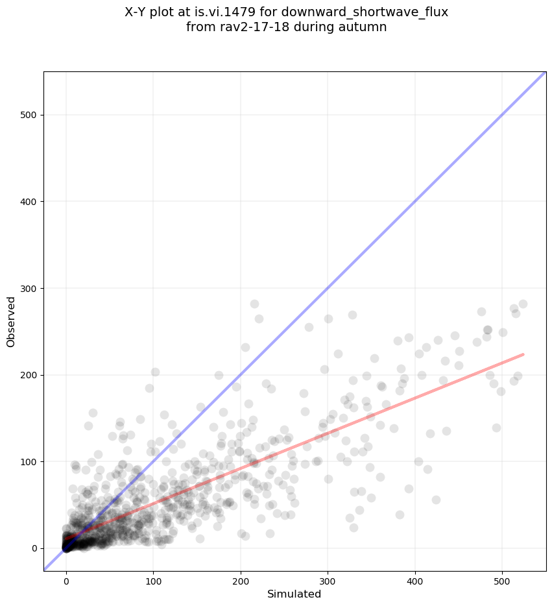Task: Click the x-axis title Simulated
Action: pyautogui.click(x=294, y=594)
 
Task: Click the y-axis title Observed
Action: pyautogui.click(x=11, y=322)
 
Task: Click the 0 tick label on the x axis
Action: pyautogui.click(x=66, y=577)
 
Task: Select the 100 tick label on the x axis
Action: pyautogui.click(x=153, y=577)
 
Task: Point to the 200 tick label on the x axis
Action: pyautogui.click(x=241, y=577)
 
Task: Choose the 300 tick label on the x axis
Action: pyautogui.click(x=328, y=577)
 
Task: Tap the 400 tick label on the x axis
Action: pyautogui.click(x=415, y=577)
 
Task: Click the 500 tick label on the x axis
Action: pyautogui.click(x=502, y=577)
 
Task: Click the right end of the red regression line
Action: pyautogui.click(x=523, y=354)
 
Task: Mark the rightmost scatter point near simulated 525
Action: pyautogui.click(x=523, y=304)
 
